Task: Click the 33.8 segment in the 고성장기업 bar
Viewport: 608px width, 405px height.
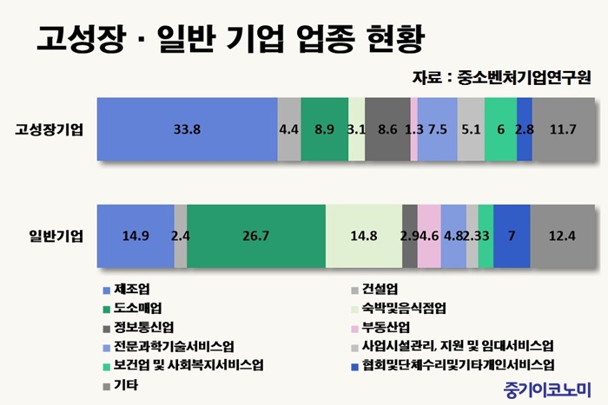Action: tap(187, 130)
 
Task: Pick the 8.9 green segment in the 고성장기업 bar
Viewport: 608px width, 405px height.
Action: tap(324, 130)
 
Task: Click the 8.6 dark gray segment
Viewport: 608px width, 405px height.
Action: tap(387, 130)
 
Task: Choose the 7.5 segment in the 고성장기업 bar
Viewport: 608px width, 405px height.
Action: tap(438, 130)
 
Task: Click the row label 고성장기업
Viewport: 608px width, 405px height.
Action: tap(50, 130)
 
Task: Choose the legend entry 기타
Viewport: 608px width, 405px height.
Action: tap(127, 383)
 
